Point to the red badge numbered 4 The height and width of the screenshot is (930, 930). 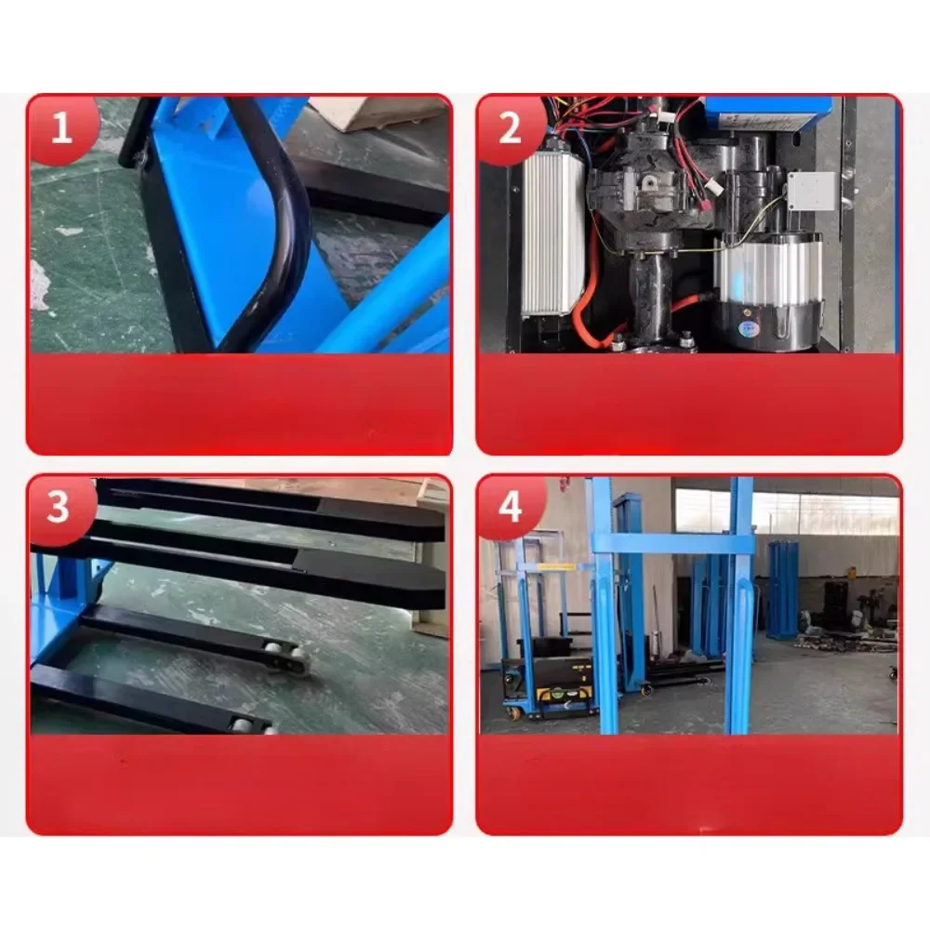coord(510,509)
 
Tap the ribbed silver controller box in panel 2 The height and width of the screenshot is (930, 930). coord(553,232)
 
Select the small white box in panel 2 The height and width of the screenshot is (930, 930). coord(809,192)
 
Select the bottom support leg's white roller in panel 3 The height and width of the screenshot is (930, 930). coord(244,724)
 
